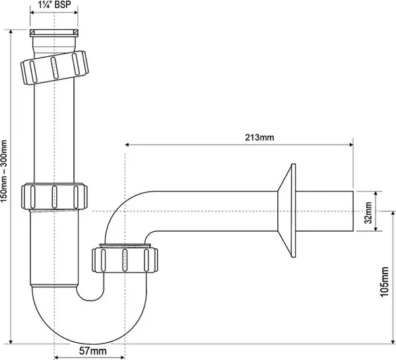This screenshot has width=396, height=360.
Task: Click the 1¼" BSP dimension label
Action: click(55, 5)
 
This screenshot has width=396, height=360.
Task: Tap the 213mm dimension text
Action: click(259, 137)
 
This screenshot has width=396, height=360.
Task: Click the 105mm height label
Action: click(384, 282)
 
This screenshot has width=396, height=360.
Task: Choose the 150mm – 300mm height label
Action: click(4, 170)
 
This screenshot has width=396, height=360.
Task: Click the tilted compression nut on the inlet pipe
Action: click(55, 68)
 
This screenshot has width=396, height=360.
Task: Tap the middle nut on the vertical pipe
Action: click(54, 196)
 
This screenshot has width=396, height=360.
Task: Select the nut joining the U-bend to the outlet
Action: click(125, 260)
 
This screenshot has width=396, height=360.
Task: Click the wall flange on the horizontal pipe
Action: click(287, 211)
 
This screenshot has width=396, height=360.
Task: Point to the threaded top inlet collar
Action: click(54, 33)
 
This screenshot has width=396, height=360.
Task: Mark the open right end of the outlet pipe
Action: click(352, 211)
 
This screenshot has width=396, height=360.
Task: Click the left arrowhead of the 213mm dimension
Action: click(127, 145)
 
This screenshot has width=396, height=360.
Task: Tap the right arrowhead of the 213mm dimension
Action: click(351, 145)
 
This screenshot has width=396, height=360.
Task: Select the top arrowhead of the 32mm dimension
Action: click(376, 194)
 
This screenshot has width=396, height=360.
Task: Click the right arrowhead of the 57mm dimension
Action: click(122, 357)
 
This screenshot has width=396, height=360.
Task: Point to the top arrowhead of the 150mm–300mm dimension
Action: click(11, 32)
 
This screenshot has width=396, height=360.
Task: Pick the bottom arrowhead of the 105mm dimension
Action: click(393, 342)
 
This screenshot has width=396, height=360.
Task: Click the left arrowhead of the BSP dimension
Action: click(32, 13)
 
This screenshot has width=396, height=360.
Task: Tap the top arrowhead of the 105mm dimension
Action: click(393, 213)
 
